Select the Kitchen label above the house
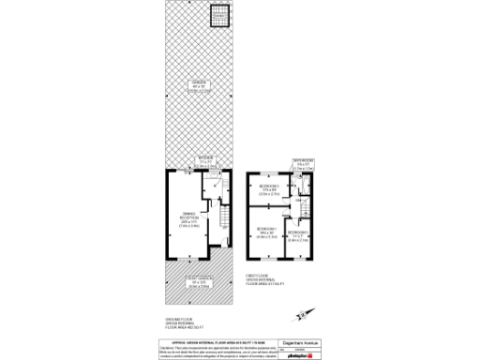tap(206, 162)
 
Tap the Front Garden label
tap(199, 282)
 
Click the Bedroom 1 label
tap(266, 233)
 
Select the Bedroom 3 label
tap(299, 235)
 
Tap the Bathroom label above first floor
tap(302, 164)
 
